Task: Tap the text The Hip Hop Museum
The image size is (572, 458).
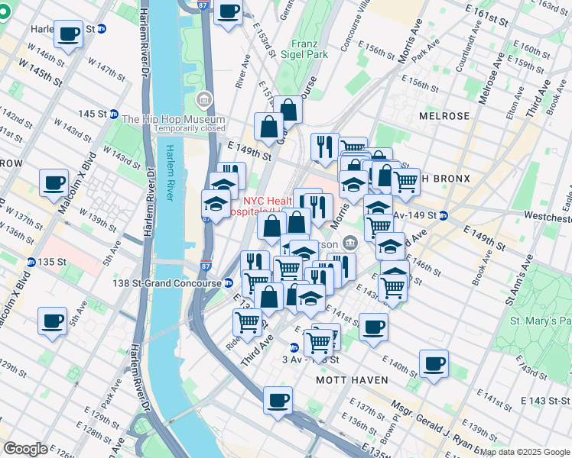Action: [173, 119]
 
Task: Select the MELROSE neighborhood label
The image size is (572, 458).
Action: [444, 116]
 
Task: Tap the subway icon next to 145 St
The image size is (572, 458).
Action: [113, 114]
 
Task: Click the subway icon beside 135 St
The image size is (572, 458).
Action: [31, 263]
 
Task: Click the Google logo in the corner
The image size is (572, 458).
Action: [25, 449]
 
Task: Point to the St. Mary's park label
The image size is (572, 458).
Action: [541, 321]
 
